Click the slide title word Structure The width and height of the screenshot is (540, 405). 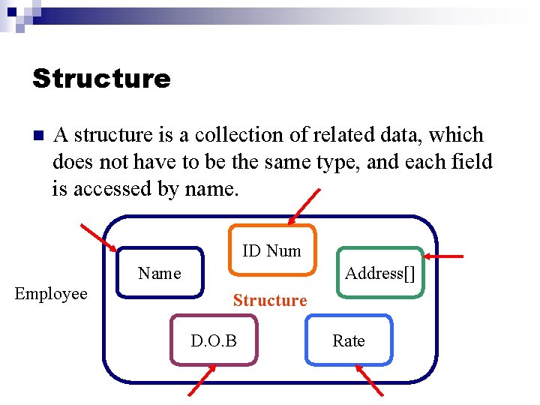pyautogui.click(x=101, y=78)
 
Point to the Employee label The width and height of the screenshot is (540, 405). pyautogui.click(x=51, y=294)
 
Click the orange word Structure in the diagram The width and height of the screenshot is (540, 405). pyautogui.click(x=270, y=301)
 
